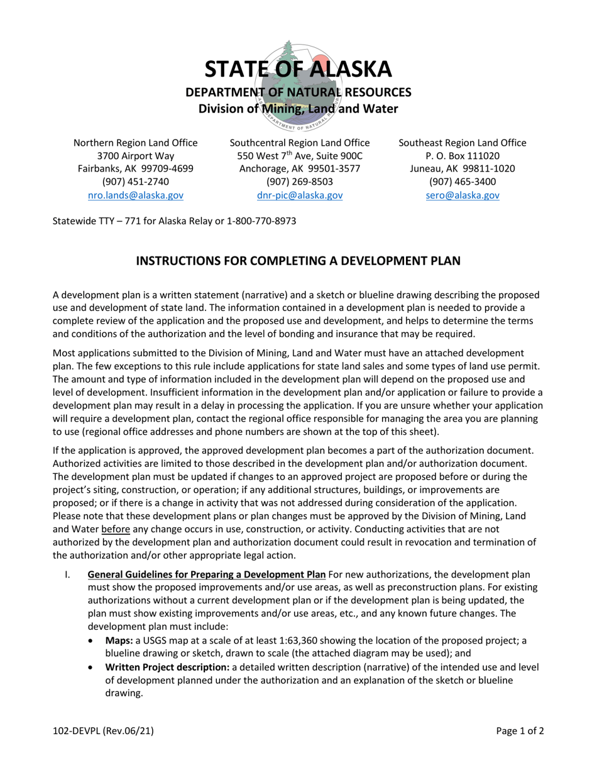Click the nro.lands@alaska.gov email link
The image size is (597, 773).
(136, 195)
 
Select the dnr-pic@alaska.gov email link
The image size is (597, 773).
(300, 195)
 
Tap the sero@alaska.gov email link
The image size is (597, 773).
(463, 195)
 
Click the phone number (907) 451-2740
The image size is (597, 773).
(136, 182)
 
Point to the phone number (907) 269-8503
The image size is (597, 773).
(300, 182)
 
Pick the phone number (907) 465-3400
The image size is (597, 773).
(463, 182)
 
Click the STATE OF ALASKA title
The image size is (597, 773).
(298, 69)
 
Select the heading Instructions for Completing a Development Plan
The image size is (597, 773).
(298, 260)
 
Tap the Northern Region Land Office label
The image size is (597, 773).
(136, 143)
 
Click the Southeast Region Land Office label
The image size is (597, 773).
(463, 143)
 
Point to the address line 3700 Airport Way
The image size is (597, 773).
(136, 156)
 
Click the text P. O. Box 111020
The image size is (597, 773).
(463, 156)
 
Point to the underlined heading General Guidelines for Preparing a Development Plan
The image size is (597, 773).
(206, 574)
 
